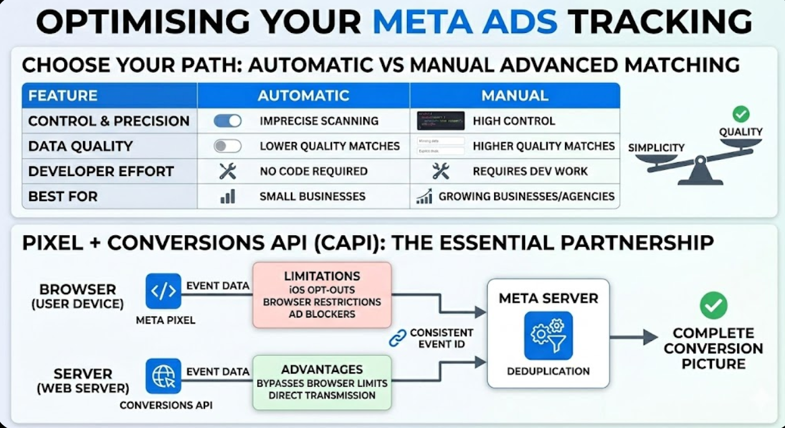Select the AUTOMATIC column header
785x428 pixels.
(303, 96)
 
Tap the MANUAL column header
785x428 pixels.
(515, 96)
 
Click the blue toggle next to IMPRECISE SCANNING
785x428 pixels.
(227, 121)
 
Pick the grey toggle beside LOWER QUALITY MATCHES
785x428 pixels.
(227, 146)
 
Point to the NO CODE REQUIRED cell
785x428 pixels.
(313, 171)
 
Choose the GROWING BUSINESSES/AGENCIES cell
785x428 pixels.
(526, 197)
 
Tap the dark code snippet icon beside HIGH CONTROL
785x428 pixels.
(440, 121)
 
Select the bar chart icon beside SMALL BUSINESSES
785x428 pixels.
(227, 197)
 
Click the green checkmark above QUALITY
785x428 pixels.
(741, 114)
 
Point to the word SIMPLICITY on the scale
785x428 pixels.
(656, 148)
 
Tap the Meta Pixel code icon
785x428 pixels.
(163, 291)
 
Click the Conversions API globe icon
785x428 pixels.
(163, 376)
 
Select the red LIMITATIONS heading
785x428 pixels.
(321, 276)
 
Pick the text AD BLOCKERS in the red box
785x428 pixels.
(321, 314)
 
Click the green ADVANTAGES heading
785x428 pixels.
(321, 369)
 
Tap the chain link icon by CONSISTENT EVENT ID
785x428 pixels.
(397, 338)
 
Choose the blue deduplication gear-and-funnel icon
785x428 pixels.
(548, 335)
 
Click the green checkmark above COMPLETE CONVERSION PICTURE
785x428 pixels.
(713, 305)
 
